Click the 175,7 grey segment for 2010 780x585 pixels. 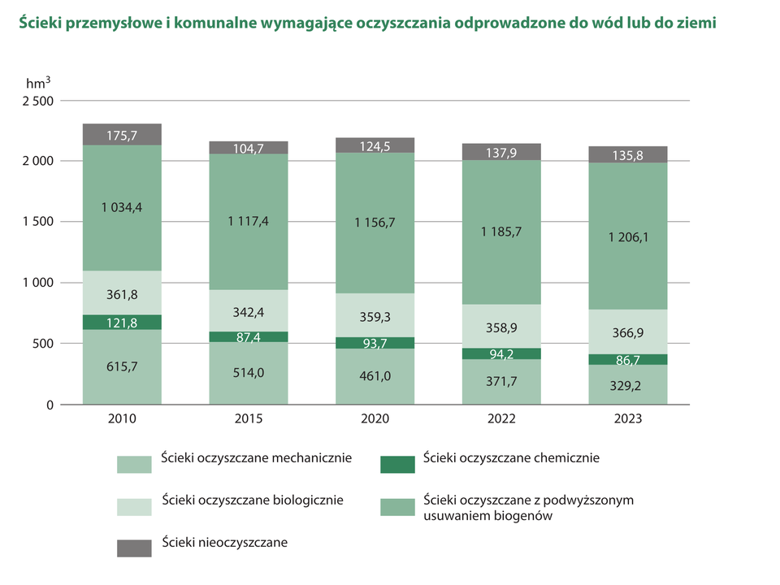point(122,135)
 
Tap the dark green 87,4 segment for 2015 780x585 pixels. point(249,336)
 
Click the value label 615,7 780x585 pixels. point(122,366)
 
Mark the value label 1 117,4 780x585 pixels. point(249,221)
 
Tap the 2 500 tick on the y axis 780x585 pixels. point(37,101)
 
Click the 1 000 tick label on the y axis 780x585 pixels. point(37,283)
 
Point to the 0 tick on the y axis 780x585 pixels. point(50,405)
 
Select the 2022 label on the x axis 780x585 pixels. point(501,419)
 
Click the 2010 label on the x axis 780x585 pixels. point(122,419)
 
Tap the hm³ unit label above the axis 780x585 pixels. point(38,83)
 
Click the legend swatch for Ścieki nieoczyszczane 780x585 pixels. point(134,548)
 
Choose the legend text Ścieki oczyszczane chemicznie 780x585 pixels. point(511,458)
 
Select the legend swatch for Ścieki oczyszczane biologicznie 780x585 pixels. point(134,506)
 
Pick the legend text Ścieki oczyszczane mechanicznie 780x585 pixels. point(256,458)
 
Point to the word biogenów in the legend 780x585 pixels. point(528,515)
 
